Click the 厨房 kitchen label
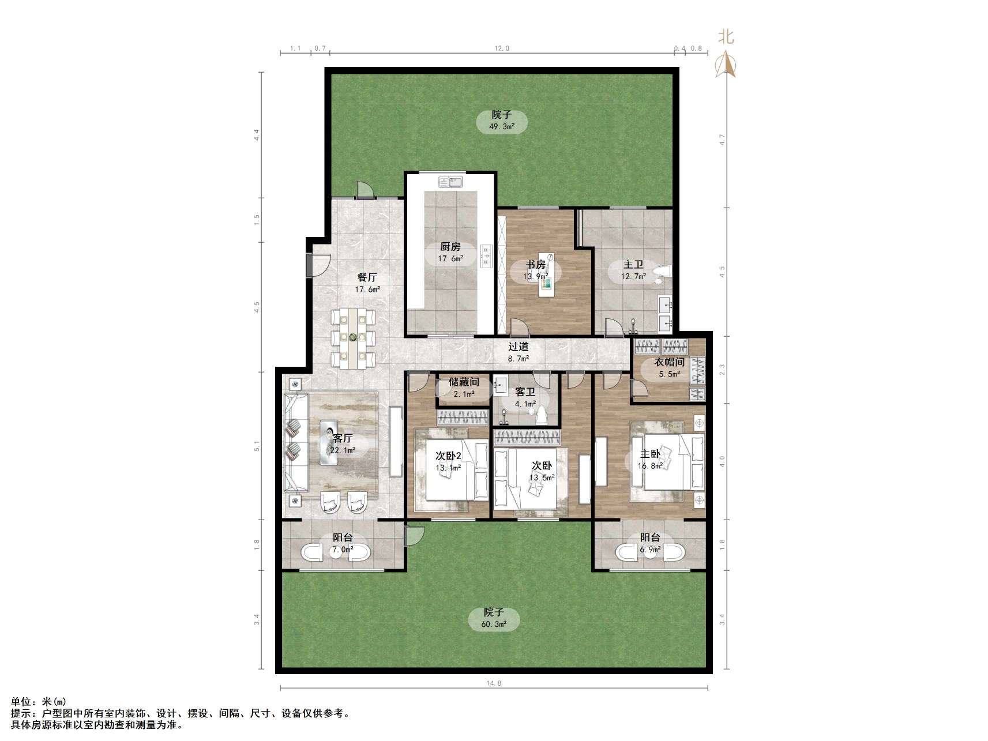(x=450, y=247)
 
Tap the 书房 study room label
(x=535, y=265)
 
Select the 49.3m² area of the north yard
(x=502, y=126)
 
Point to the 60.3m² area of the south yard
(x=494, y=624)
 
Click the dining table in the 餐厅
(x=353, y=338)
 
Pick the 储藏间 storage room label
(x=464, y=382)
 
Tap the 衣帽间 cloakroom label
(x=669, y=362)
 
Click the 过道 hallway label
(x=519, y=347)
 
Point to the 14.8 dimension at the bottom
(x=494, y=683)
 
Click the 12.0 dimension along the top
(x=502, y=48)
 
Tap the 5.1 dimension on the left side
(x=257, y=446)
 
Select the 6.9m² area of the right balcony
(x=649, y=550)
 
